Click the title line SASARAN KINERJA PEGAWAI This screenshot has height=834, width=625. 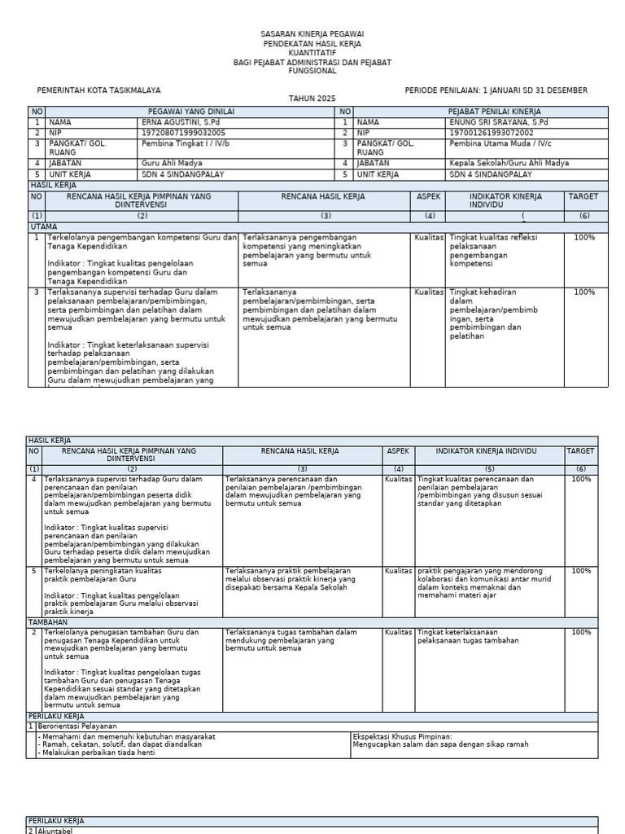(312, 34)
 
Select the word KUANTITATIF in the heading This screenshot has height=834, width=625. (312, 52)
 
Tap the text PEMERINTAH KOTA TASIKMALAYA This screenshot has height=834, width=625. (99, 90)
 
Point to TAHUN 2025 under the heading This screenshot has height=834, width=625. (312, 98)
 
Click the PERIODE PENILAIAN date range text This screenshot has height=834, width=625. (496, 90)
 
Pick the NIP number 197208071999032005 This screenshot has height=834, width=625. (183, 132)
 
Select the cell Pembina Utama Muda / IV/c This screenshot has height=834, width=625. (498, 143)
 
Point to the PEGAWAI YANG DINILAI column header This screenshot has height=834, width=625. (190, 112)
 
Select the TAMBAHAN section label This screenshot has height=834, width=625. (48, 621)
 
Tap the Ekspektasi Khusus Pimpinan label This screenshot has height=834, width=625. (402, 736)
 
